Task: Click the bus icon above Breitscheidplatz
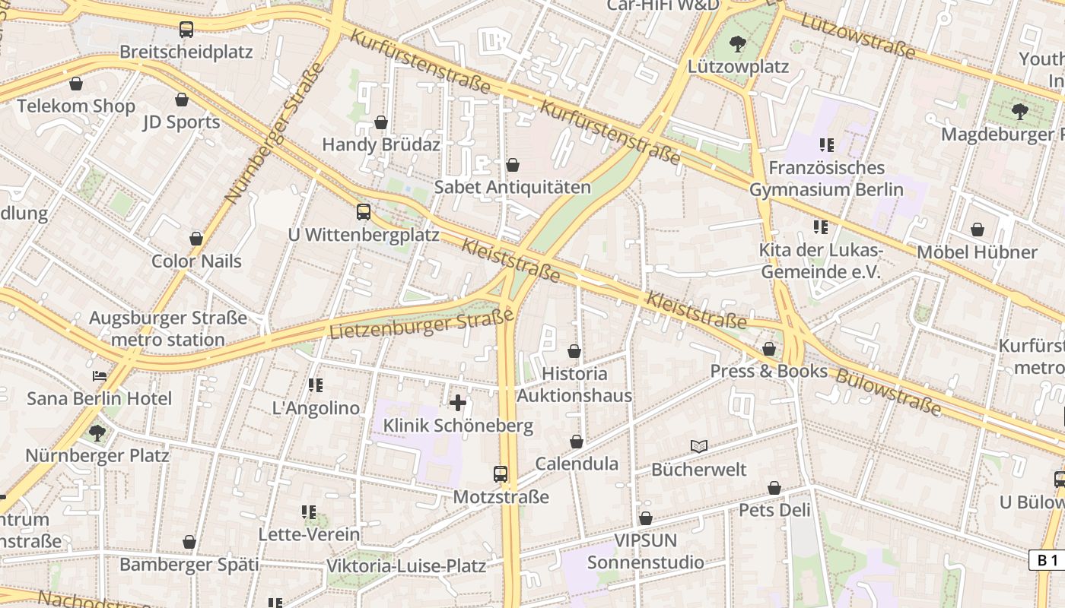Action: point(186,30)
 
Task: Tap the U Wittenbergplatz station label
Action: point(364,235)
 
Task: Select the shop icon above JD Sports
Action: point(182,100)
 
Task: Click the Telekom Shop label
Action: point(76,106)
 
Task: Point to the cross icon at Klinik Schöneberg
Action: point(458,403)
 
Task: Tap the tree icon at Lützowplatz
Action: point(737,44)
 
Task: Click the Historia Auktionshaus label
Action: point(574,385)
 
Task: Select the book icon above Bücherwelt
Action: point(699,447)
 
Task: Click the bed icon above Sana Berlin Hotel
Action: point(100,375)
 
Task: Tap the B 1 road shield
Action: point(1047,560)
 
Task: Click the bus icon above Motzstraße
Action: point(501,474)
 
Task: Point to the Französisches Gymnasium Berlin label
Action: point(826,179)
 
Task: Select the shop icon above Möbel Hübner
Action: point(978,230)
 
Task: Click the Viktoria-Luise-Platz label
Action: point(405,566)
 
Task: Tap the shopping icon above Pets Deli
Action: point(774,488)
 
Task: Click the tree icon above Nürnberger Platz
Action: point(97,433)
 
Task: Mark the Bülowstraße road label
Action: point(888,392)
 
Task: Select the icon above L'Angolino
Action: point(316,385)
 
